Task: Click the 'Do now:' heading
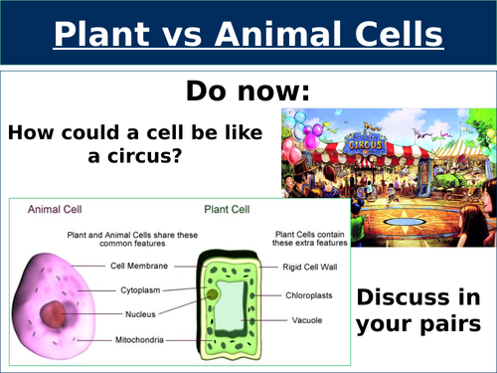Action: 248,92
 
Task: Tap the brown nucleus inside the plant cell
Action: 213,295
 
